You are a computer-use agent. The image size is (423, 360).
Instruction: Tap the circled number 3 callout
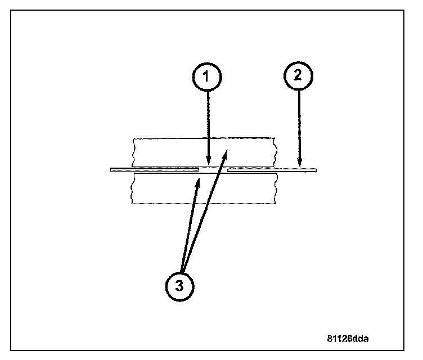click(x=180, y=285)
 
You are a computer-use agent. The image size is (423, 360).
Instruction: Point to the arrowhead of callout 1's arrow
click(x=209, y=163)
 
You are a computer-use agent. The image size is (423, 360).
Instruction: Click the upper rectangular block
click(x=169, y=151)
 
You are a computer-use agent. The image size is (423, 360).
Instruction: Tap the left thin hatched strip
click(x=155, y=169)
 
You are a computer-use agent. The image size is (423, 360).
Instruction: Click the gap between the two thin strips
click(x=213, y=169)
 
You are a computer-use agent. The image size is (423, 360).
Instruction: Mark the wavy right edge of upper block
click(x=274, y=151)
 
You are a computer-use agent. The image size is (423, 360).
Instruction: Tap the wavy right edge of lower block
click(x=274, y=189)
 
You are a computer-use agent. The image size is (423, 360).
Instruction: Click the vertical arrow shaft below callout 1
click(x=209, y=124)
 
